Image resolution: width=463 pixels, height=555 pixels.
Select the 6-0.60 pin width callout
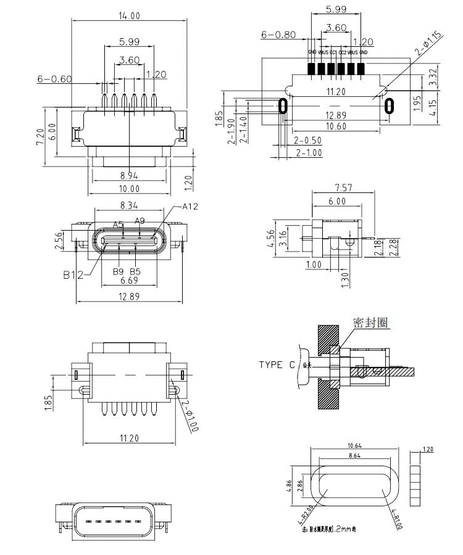click(55, 79)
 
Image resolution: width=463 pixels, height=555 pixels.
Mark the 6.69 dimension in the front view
click(129, 281)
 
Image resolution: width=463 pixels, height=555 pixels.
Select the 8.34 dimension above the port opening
click(129, 204)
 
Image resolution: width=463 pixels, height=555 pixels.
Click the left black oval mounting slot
click(283, 106)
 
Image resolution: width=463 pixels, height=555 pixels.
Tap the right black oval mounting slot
click(389, 106)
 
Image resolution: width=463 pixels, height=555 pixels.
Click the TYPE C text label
click(277, 364)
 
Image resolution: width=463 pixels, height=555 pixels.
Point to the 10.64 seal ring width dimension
click(354, 445)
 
